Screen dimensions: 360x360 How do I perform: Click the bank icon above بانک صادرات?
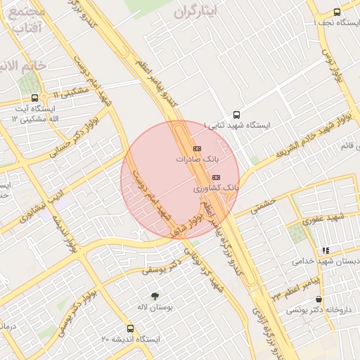tap(196, 148)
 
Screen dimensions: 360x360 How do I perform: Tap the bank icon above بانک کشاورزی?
tap(215, 177)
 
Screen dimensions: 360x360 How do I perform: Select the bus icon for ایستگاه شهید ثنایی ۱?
tap(236, 114)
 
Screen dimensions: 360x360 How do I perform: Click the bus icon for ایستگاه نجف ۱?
tap(337, 12)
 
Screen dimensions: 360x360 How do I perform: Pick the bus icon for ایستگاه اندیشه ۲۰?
tap(130, 328)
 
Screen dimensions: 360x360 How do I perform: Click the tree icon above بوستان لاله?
tap(155, 295)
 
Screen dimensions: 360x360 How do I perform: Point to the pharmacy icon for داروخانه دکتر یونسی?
tap(319, 300)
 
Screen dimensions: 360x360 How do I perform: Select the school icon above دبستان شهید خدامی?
tap(325, 250)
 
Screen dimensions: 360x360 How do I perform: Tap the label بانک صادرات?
tap(193, 160)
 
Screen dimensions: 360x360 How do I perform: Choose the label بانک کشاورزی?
tap(216, 189)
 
